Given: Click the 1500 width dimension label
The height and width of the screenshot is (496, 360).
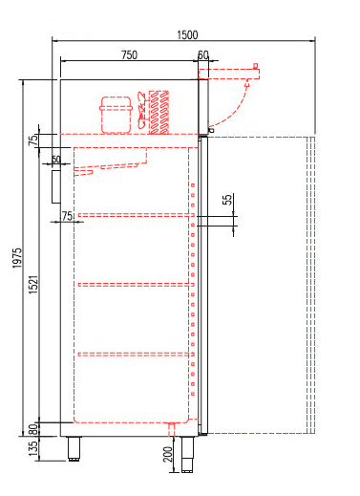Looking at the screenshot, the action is click(x=187, y=34).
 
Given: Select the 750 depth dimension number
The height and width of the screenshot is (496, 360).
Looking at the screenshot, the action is click(x=129, y=54).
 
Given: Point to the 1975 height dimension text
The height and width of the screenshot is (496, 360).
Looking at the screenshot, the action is click(x=17, y=258).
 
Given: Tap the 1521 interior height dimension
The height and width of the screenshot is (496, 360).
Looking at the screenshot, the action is click(x=33, y=284).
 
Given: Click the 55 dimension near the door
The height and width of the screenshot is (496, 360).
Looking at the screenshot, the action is click(x=227, y=200).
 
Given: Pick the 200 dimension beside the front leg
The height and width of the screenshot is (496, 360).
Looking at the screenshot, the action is click(x=168, y=454).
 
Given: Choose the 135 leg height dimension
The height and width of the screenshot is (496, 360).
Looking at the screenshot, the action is click(x=33, y=448).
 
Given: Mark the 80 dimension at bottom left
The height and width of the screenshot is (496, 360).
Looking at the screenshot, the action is click(x=33, y=429).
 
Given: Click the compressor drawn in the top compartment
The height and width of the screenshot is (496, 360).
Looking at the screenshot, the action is click(x=116, y=115).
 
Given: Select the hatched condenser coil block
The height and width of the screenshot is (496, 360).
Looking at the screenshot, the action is click(x=159, y=112).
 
